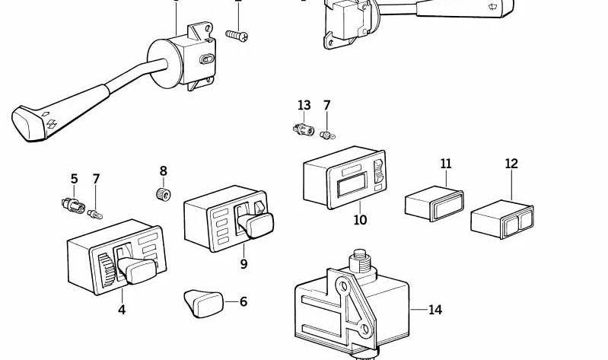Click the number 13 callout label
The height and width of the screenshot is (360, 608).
pos(304,105)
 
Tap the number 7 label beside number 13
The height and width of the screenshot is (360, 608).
pos(326,105)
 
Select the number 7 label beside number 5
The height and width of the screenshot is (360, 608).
pos(96,180)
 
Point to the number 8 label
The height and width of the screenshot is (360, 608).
pos(163,171)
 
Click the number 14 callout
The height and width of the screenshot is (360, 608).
pos(435,310)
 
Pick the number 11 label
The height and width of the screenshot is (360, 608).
pos(445,164)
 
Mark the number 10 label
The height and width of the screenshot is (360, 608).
pos(360,220)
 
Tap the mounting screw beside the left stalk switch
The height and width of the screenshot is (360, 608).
pos(237,35)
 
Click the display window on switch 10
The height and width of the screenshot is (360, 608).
pos(352,186)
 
